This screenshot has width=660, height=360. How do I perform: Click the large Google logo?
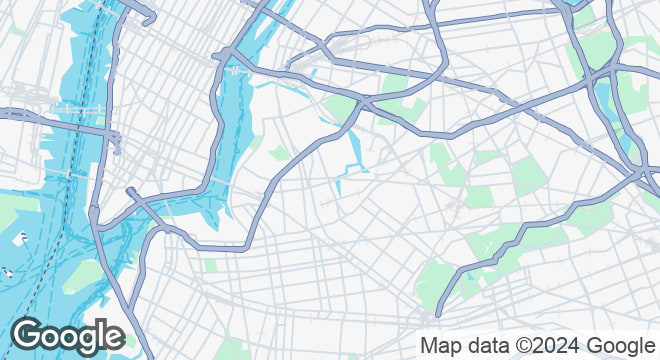click(67, 336)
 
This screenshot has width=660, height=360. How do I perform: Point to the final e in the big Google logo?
click(112, 337)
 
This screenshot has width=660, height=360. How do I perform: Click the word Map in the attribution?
click(441, 346)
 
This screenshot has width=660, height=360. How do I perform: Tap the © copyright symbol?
click(521, 346)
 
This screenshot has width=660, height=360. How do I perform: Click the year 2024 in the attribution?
click(552, 346)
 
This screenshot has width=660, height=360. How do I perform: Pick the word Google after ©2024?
click(613, 346)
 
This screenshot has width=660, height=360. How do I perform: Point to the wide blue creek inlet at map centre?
click(353, 150)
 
